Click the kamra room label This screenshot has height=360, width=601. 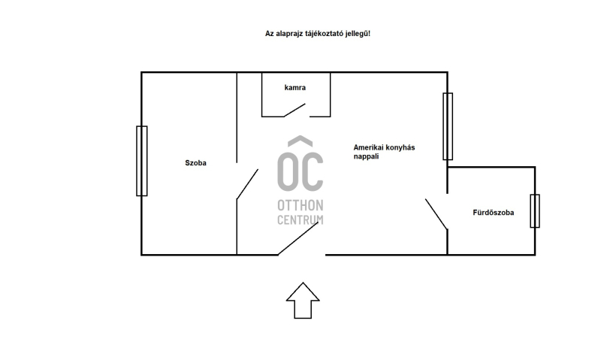point(294,88)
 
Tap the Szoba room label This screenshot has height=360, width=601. point(195,163)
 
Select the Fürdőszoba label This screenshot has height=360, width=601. point(494,213)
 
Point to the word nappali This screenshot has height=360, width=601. point(366,156)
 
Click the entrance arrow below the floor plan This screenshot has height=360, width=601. point(303,301)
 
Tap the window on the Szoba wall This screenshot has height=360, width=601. point(142,161)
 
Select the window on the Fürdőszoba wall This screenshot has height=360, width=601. point(535,211)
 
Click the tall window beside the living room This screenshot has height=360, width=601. point(448,126)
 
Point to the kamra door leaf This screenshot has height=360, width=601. point(294,110)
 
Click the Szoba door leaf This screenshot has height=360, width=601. point(247,184)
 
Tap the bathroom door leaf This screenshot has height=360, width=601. point(436,214)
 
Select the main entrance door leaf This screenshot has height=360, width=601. point(298,238)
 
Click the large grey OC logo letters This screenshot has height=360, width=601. point(300,171)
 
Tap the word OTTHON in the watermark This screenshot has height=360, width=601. point(300,205)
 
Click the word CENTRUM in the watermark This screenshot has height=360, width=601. point(300,219)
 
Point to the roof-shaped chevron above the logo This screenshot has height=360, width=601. point(300,141)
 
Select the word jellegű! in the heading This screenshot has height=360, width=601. point(358,34)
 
